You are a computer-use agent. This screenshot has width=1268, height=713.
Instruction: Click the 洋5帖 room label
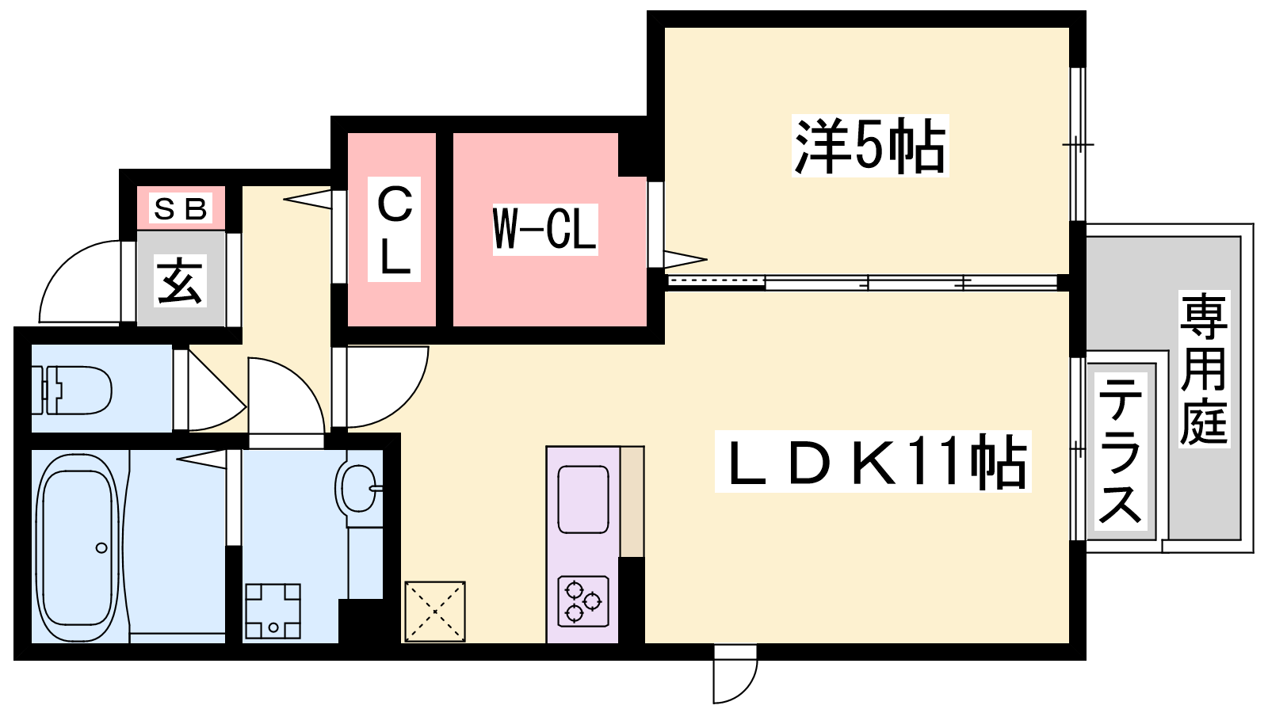coord(870,146)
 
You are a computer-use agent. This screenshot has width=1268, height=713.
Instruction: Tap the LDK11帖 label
coord(873,462)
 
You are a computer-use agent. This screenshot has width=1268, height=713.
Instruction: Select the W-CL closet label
coord(545,230)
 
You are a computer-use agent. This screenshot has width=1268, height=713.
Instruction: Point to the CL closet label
coord(395,231)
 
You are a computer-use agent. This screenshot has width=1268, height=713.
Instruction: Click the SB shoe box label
coord(180,209)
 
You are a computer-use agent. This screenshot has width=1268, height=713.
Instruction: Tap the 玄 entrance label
coord(181,280)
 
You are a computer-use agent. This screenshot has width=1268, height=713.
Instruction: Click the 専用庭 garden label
coord(1203,368)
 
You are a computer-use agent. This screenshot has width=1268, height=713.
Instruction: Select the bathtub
coord(78,547)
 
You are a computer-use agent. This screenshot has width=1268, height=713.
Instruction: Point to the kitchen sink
coord(583,499)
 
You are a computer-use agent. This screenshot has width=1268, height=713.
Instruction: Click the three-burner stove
coord(583,601)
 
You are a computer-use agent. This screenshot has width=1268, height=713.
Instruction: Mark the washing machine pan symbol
coord(273,611)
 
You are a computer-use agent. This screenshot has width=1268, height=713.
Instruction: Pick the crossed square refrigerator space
coord(434,611)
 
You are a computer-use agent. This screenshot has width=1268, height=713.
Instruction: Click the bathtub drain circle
coord(101,547)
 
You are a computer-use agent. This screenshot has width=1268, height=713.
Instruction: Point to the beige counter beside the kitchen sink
coord(632,501)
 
